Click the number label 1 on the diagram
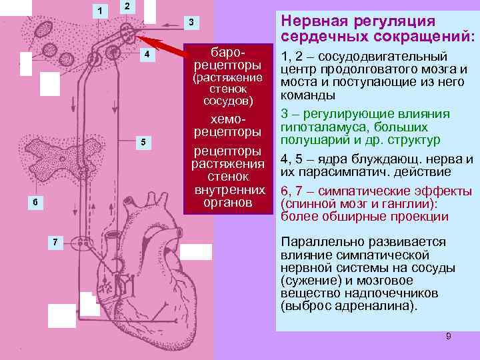pyautogui.click(x=99, y=11)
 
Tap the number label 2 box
pyautogui.click(x=127, y=7)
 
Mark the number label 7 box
pyautogui.click(x=56, y=241)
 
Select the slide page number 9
pyautogui.click(x=448, y=336)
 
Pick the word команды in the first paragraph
pyautogui.click(x=307, y=95)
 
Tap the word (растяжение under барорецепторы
pyautogui.click(x=229, y=78)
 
